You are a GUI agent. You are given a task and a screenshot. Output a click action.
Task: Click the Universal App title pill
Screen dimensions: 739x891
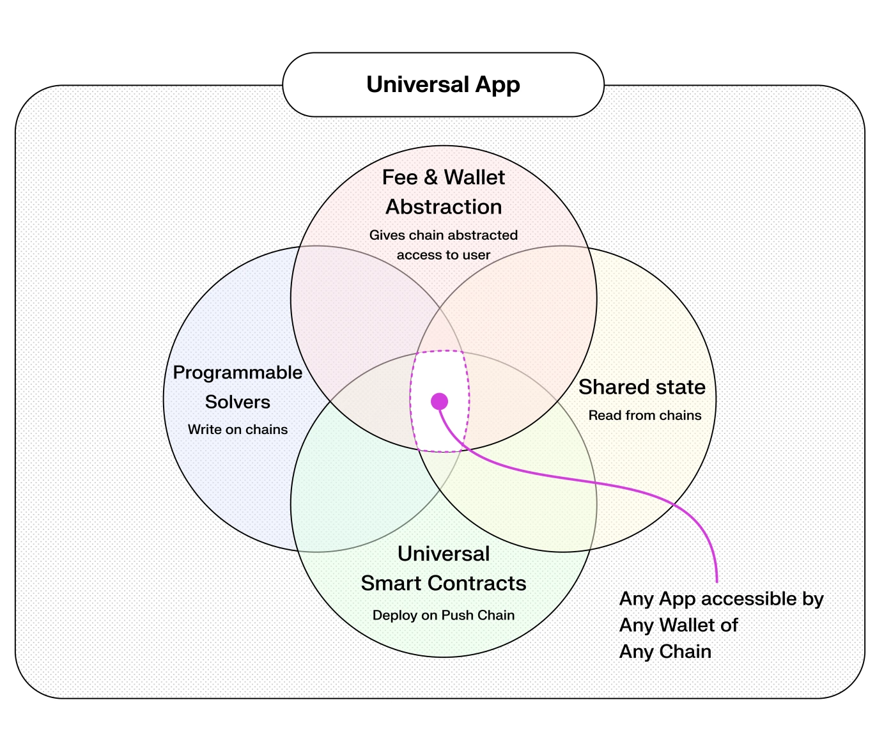click(443, 85)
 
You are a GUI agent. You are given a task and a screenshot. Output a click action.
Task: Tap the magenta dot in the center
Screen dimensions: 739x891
click(439, 401)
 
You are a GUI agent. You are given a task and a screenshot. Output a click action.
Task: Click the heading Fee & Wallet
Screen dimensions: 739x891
click(443, 177)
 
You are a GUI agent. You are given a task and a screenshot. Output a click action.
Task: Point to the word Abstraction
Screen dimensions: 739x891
click(444, 207)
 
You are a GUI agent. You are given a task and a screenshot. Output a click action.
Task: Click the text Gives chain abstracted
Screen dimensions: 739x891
click(443, 235)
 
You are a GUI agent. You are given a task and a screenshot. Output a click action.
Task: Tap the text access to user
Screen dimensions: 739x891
click(443, 255)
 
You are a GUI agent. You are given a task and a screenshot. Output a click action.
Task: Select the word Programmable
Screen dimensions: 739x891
click(237, 373)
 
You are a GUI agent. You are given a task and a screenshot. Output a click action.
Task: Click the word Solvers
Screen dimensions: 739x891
click(237, 402)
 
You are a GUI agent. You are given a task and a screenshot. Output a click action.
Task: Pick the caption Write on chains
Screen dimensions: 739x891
click(237, 430)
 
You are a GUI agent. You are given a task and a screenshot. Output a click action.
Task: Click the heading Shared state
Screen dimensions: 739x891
click(642, 387)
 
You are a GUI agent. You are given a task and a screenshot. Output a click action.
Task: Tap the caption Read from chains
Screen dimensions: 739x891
click(644, 416)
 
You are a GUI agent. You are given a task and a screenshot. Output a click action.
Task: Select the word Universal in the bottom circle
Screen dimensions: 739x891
click(443, 554)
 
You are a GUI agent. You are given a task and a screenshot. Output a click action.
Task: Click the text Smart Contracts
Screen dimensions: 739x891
click(443, 584)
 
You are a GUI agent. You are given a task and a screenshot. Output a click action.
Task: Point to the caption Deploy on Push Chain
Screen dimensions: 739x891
click(443, 616)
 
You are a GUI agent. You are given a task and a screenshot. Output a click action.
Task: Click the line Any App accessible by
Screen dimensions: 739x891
click(721, 599)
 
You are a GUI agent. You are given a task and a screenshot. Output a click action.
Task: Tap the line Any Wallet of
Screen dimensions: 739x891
click(678, 625)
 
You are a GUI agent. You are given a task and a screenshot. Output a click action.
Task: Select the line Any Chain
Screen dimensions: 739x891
click(665, 652)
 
